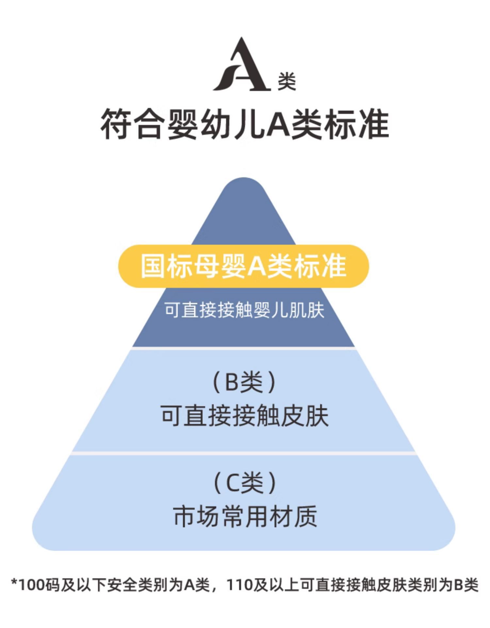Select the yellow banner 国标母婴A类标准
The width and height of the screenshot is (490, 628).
pyautogui.click(x=243, y=266)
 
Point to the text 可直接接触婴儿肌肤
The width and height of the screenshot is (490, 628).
pyautogui.click(x=244, y=310)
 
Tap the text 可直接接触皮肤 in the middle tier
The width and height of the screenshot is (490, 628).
pyautogui.click(x=245, y=416)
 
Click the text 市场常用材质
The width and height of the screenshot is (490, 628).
pyautogui.click(x=245, y=516)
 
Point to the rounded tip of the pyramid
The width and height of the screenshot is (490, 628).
pyautogui.click(x=244, y=186)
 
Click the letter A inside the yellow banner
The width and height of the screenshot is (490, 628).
pyautogui.click(x=257, y=266)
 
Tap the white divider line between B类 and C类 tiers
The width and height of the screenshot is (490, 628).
pyautogui.click(x=243, y=453)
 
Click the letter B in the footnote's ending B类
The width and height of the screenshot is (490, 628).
pyautogui.click(x=459, y=585)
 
